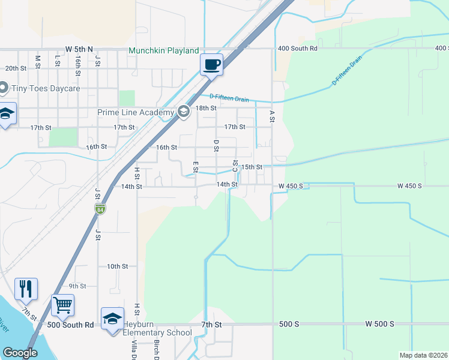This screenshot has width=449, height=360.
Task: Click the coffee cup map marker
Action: tap(211, 64)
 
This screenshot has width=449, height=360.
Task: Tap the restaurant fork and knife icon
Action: tap(26, 289)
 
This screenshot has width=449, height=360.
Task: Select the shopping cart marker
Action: tap(62, 305)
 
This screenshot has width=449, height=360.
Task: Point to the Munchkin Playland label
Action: tap(163, 52)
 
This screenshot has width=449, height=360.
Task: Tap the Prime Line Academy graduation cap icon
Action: tap(184, 111)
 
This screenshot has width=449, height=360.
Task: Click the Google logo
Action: tap(20, 353)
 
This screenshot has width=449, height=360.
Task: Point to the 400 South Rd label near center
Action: tap(297, 49)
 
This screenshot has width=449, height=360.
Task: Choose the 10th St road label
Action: tap(118, 266)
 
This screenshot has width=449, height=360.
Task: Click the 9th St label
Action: tap(77, 286)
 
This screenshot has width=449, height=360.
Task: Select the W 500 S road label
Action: tap(380, 324)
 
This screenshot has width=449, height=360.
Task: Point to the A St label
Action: tap(272, 116)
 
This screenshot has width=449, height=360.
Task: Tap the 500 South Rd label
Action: tap(71, 325)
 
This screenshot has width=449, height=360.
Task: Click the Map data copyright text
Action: tap(423, 355)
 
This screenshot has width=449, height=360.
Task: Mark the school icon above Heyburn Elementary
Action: tap(112, 318)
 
